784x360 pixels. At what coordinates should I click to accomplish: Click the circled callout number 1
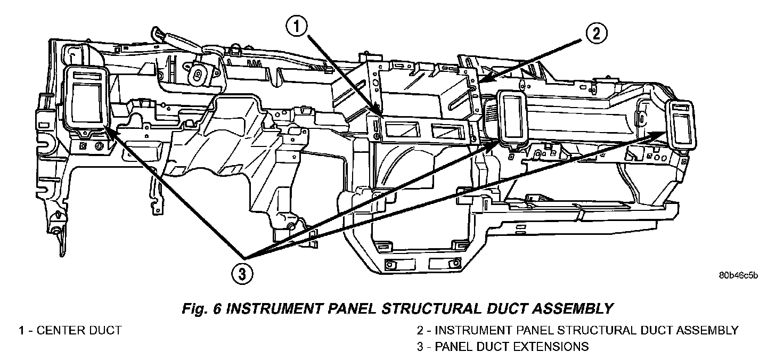point(297,27)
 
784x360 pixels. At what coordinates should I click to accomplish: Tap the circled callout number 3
point(242,274)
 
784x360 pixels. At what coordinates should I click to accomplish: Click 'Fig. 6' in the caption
point(201,309)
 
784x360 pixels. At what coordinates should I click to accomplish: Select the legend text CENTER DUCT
point(79,330)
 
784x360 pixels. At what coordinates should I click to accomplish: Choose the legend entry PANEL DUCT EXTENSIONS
point(512,347)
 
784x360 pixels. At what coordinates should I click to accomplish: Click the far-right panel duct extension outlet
point(681,125)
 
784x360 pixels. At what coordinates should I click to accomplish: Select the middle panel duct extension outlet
point(513,118)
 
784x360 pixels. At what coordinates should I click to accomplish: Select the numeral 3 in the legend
point(420,347)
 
